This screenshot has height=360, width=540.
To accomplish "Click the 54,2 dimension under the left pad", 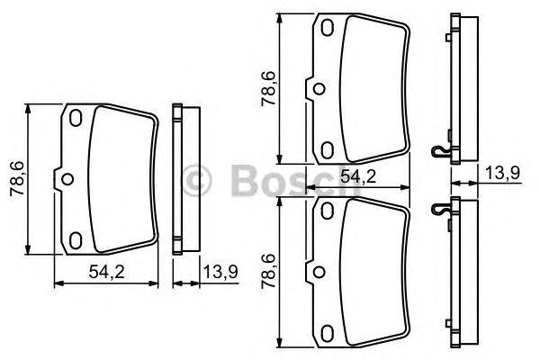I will pyautogui.click(x=106, y=271).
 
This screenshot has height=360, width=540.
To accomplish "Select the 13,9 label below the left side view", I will pyautogui.click(x=218, y=271).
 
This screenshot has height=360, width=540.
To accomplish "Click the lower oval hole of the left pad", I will pyautogui.click(x=76, y=238).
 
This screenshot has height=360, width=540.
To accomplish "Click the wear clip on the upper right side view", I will pyautogui.click(x=440, y=152).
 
